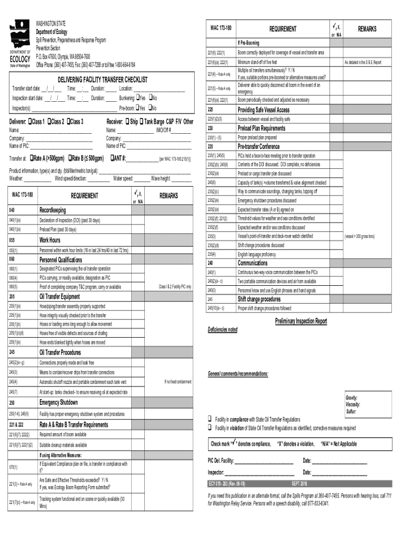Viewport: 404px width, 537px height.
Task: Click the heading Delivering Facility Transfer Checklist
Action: tap(95, 79)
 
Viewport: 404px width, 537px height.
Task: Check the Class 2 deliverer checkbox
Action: tap(50, 122)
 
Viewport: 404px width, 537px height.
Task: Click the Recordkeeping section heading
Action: tap(53, 210)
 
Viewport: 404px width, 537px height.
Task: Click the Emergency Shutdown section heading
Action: tap(59, 403)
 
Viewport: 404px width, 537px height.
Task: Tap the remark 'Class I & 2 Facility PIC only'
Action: tap(175, 287)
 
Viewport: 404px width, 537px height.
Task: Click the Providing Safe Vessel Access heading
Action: tap(263, 110)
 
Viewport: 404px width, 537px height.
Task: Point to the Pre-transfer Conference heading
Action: tap(259, 146)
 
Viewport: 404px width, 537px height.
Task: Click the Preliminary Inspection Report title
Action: tap(301, 321)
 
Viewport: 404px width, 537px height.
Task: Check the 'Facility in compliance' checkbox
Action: tap(209, 420)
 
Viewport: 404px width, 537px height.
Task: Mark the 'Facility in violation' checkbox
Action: tap(209, 428)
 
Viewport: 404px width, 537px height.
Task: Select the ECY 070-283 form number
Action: tap(228, 483)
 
